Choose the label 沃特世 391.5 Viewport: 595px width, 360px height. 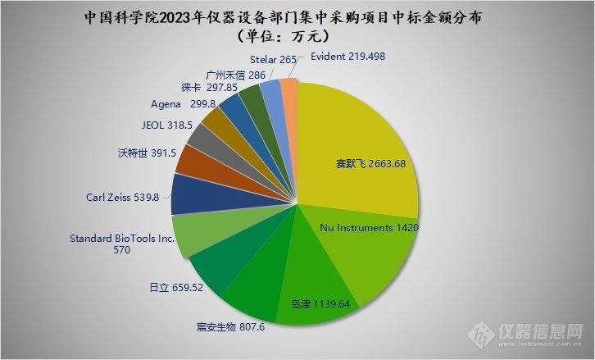pyautogui.click(x=148, y=153)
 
